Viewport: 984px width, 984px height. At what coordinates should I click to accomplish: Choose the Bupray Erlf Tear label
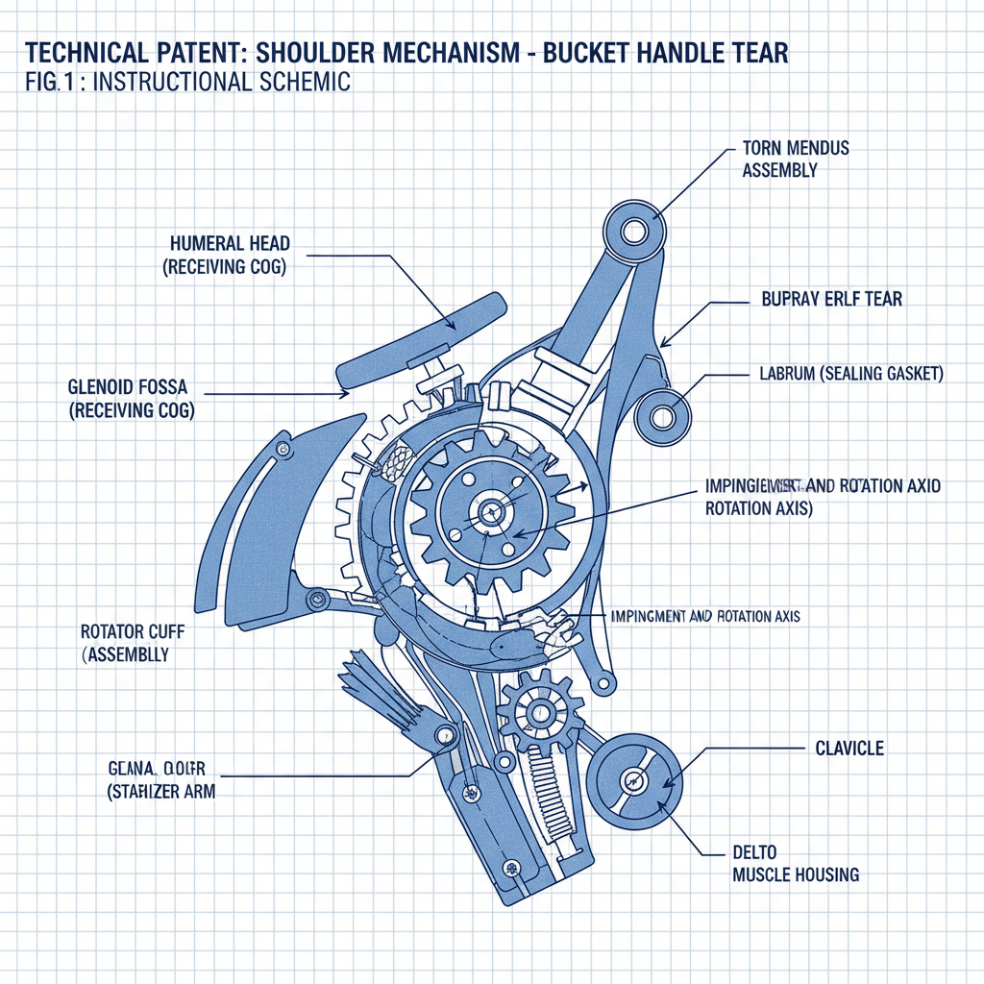click(831, 299)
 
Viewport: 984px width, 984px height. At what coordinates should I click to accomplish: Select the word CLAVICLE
click(849, 748)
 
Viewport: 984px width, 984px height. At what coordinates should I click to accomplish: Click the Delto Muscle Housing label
click(796, 864)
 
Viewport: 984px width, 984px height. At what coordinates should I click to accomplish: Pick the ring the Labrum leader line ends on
click(662, 416)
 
